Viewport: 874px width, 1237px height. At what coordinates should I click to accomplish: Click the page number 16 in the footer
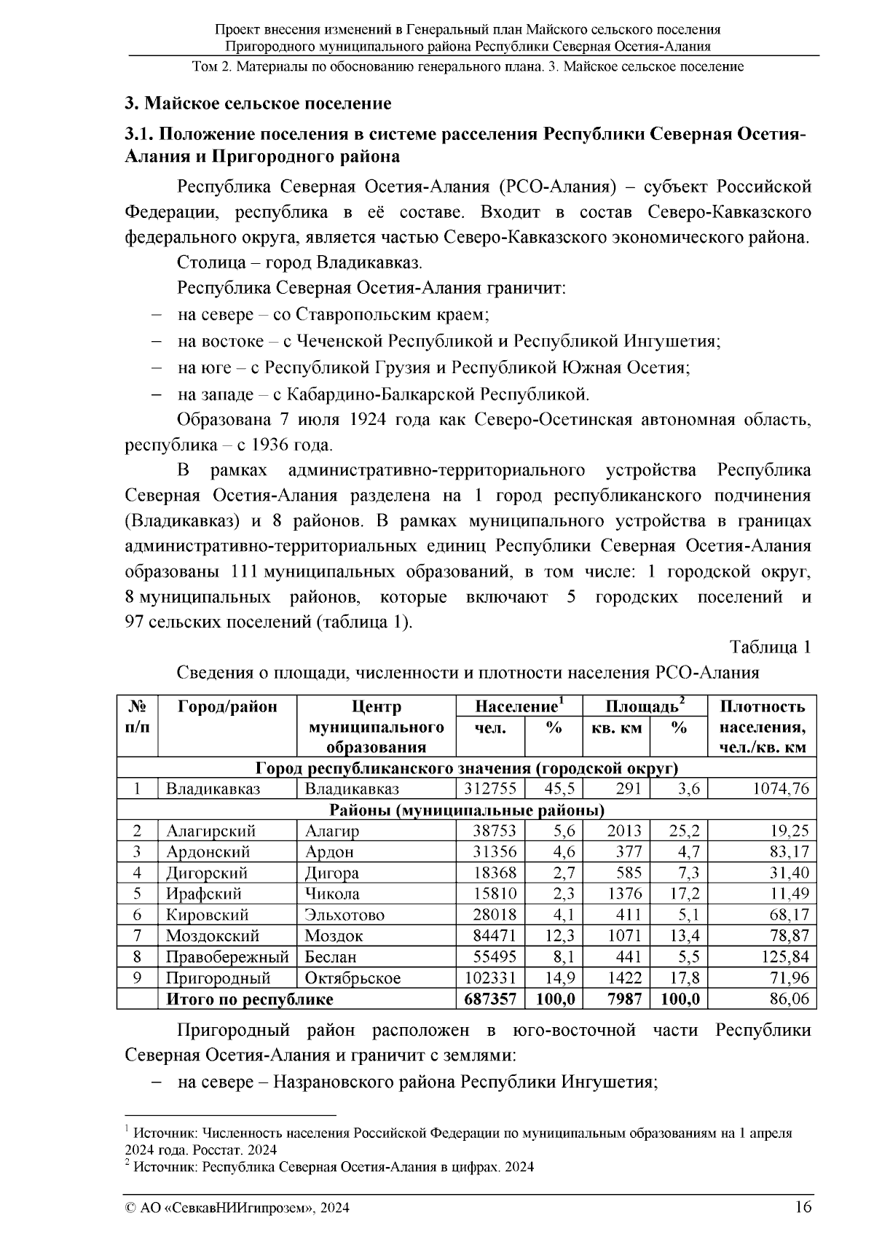click(803, 1207)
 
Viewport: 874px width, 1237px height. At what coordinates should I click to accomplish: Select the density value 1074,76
click(779, 789)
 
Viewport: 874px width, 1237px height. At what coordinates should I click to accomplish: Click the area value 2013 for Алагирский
click(624, 831)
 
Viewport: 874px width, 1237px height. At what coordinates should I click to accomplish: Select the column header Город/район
click(227, 706)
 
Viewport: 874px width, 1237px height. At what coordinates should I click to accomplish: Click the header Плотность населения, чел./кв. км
click(762, 727)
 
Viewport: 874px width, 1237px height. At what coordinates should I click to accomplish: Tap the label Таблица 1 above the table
click(771, 647)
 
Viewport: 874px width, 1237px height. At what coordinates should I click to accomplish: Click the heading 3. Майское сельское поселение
click(258, 103)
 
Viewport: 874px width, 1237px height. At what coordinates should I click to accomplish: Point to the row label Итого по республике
click(249, 999)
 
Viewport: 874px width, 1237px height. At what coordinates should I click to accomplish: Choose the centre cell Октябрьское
click(353, 978)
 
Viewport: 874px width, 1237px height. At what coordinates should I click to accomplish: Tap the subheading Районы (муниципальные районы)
click(466, 810)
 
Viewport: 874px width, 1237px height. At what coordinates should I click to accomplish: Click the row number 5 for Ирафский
click(137, 894)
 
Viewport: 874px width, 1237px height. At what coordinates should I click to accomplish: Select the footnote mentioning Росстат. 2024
click(459, 1140)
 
